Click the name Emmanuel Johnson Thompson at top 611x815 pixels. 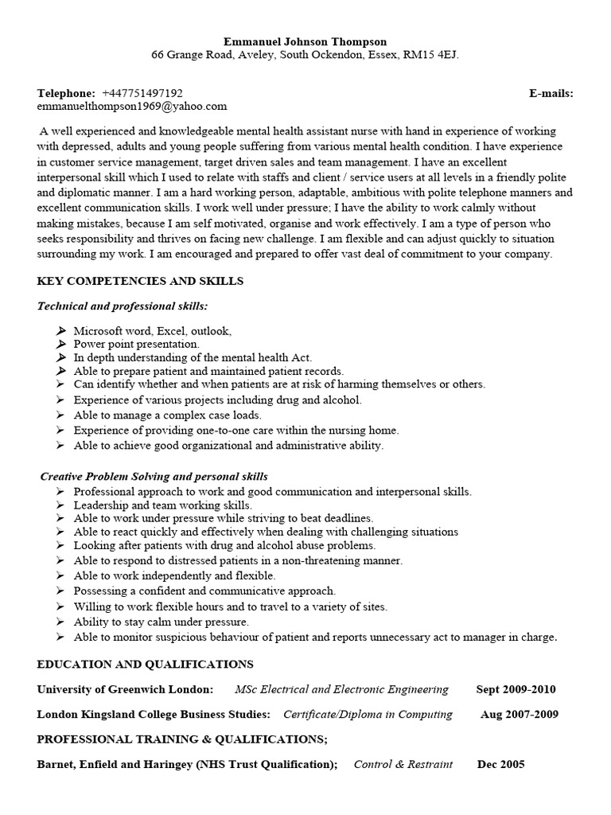pyautogui.click(x=305, y=41)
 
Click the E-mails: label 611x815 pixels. pyautogui.click(x=551, y=93)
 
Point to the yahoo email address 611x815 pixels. pyautogui.click(x=132, y=106)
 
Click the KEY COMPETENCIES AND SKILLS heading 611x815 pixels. pyautogui.click(x=140, y=281)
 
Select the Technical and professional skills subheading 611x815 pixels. pyautogui.click(x=123, y=306)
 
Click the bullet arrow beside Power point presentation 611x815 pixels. pyautogui.click(x=62, y=344)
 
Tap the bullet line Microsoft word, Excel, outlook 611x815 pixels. pyautogui.click(x=152, y=330)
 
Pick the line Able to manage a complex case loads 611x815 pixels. pyautogui.click(x=167, y=415)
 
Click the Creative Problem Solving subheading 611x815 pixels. pyautogui.click(x=154, y=477)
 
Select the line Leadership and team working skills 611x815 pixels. pyautogui.click(x=162, y=505)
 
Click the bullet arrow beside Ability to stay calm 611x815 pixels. pyautogui.click(x=62, y=622)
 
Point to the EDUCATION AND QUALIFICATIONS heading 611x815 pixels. pyautogui.click(x=146, y=664)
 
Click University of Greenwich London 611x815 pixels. pyautogui.click(x=125, y=689)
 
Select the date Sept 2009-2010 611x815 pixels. pyautogui.click(x=516, y=689)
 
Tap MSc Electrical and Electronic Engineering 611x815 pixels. pyautogui.click(x=341, y=689)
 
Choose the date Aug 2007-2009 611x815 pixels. pyautogui.click(x=519, y=714)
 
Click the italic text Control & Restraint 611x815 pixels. pyautogui.click(x=403, y=764)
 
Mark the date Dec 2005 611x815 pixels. pyautogui.click(x=500, y=764)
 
